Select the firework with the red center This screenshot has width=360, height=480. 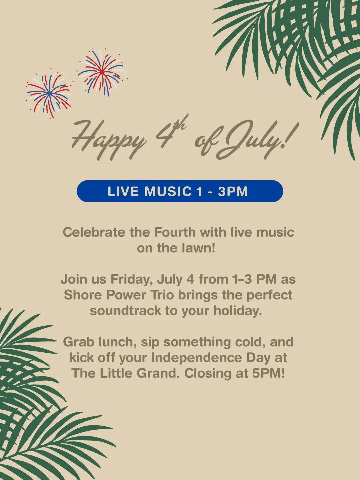point(102,72)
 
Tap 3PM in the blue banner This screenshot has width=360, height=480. point(233,191)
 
